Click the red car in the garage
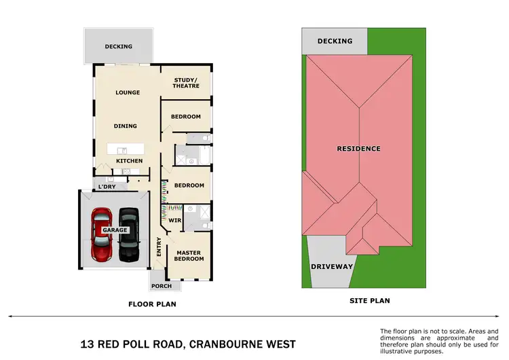pyautogui.click(x=102, y=234)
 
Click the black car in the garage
pyautogui.click(x=129, y=234)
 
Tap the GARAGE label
pyautogui.click(x=115, y=230)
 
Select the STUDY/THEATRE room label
pyautogui.click(x=186, y=83)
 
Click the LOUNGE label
pyautogui.click(x=128, y=92)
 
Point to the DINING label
pyautogui.click(x=126, y=126)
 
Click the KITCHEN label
pyautogui.click(x=129, y=160)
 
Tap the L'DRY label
pyautogui.click(x=107, y=187)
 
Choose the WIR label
pyautogui.click(x=174, y=221)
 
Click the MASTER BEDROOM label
pyautogui.click(x=189, y=255)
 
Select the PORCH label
pyautogui.click(x=162, y=286)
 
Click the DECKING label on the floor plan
pyautogui.click(x=118, y=46)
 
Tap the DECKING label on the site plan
pyautogui.click(x=335, y=41)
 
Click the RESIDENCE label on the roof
pyautogui.click(x=359, y=148)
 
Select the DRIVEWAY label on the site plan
pyautogui.click(x=332, y=266)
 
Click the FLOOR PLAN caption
pyautogui.click(x=152, y=304)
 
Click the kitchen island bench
pyautogui.click(x=127, y=149)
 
